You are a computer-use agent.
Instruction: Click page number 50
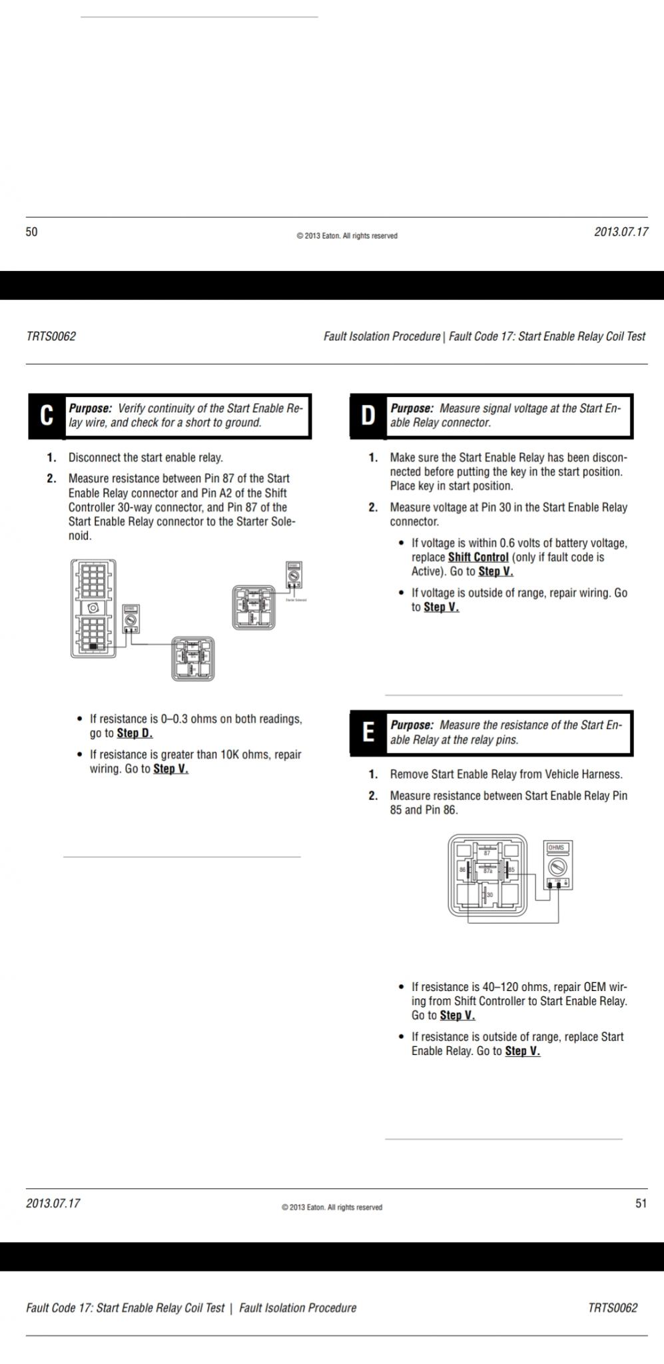click(x=32, y=232)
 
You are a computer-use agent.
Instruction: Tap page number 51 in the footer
click(x=641, y=1203)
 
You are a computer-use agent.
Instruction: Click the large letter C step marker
click(x=46, y=416)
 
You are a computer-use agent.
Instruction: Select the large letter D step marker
click(x=368, y=416)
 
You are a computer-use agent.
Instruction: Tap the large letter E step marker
click(x=368, y=733)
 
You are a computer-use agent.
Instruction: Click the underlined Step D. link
click(x=135, y=733)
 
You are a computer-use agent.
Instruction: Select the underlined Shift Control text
click(x=478, y=557)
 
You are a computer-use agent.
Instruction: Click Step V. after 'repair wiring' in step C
click(x=170, y=769)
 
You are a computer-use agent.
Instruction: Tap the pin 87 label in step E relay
click(x=487, y=853)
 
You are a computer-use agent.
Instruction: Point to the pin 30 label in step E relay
click(x=490, y=894)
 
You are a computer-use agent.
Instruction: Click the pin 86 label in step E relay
click(x=462, y=870)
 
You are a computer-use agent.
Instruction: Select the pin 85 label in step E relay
click(x=511, y=870)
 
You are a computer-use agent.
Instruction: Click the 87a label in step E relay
click(x=488, y=870)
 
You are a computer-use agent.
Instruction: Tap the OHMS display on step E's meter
click(x=556, y=848)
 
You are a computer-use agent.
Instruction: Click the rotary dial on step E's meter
click(x=557, y=866)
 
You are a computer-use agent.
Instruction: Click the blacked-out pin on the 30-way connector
click(x=94, y=646)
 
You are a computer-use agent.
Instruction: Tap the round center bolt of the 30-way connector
click(x=93, y=607)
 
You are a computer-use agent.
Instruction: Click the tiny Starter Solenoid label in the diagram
click(x=296, y=600)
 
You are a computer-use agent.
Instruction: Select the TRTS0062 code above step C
click(x=51, y=336)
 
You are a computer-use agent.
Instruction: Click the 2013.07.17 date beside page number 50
click(x=621, y=232)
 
